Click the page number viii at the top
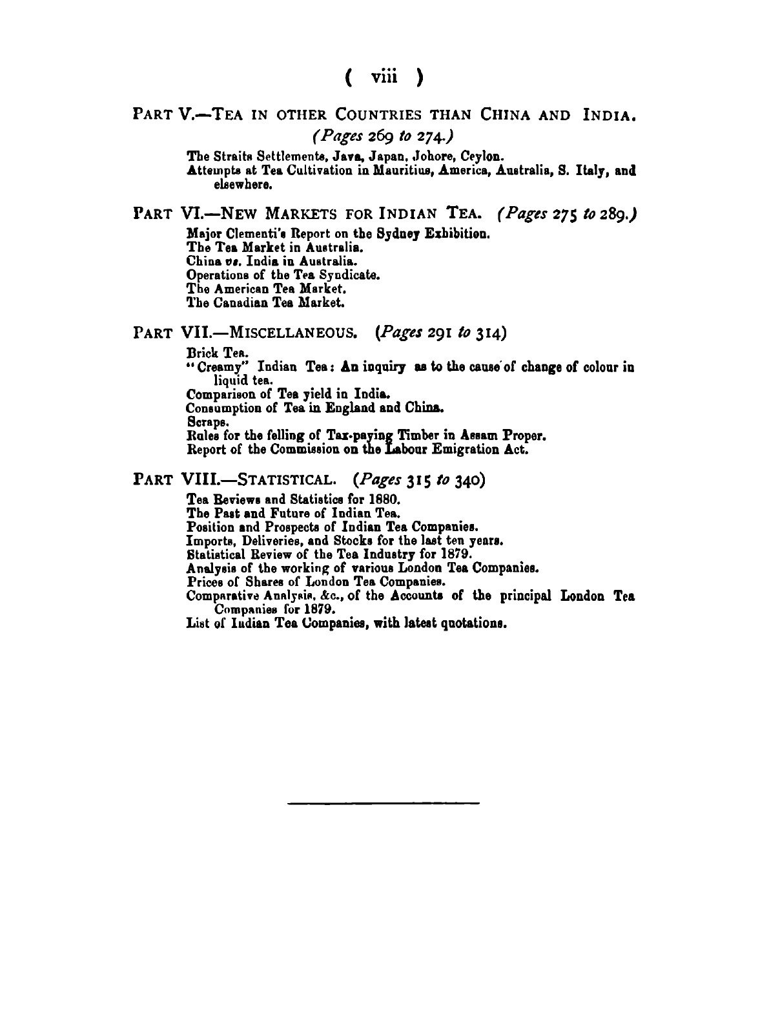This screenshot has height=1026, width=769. (384, 78)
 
